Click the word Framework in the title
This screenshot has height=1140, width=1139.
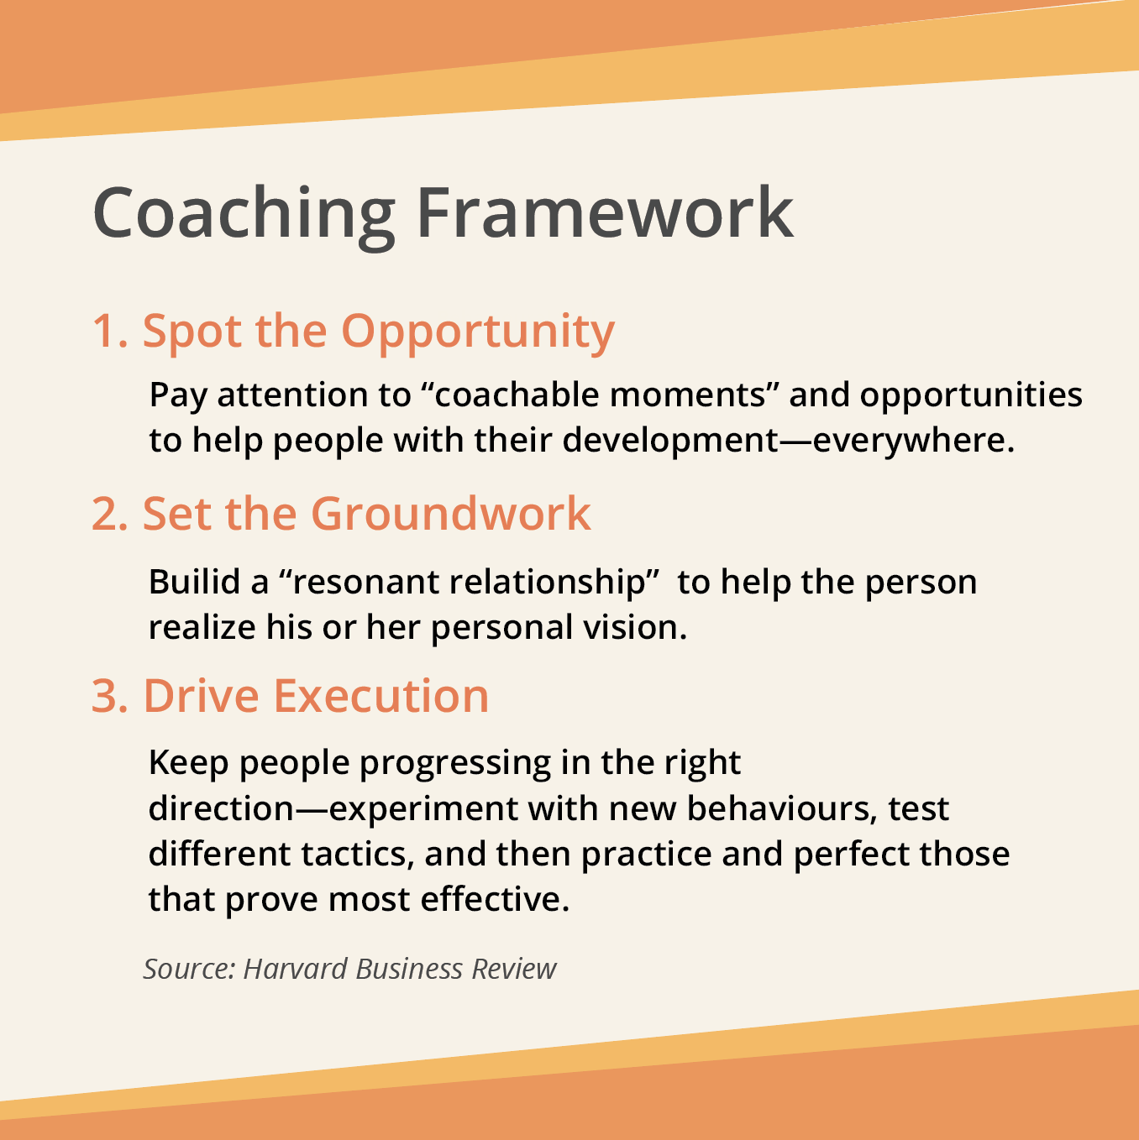(605, 212)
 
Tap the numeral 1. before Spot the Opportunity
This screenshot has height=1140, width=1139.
(110, 331)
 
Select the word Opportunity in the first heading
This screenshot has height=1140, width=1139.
(478, 333)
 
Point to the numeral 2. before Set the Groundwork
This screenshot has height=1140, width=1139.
(110, 514)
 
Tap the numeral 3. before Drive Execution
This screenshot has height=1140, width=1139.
(110, 696)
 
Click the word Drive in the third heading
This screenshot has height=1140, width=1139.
(202, 696)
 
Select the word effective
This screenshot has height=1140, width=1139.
(495, 900)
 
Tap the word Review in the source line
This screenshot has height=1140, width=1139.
(514, 969)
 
